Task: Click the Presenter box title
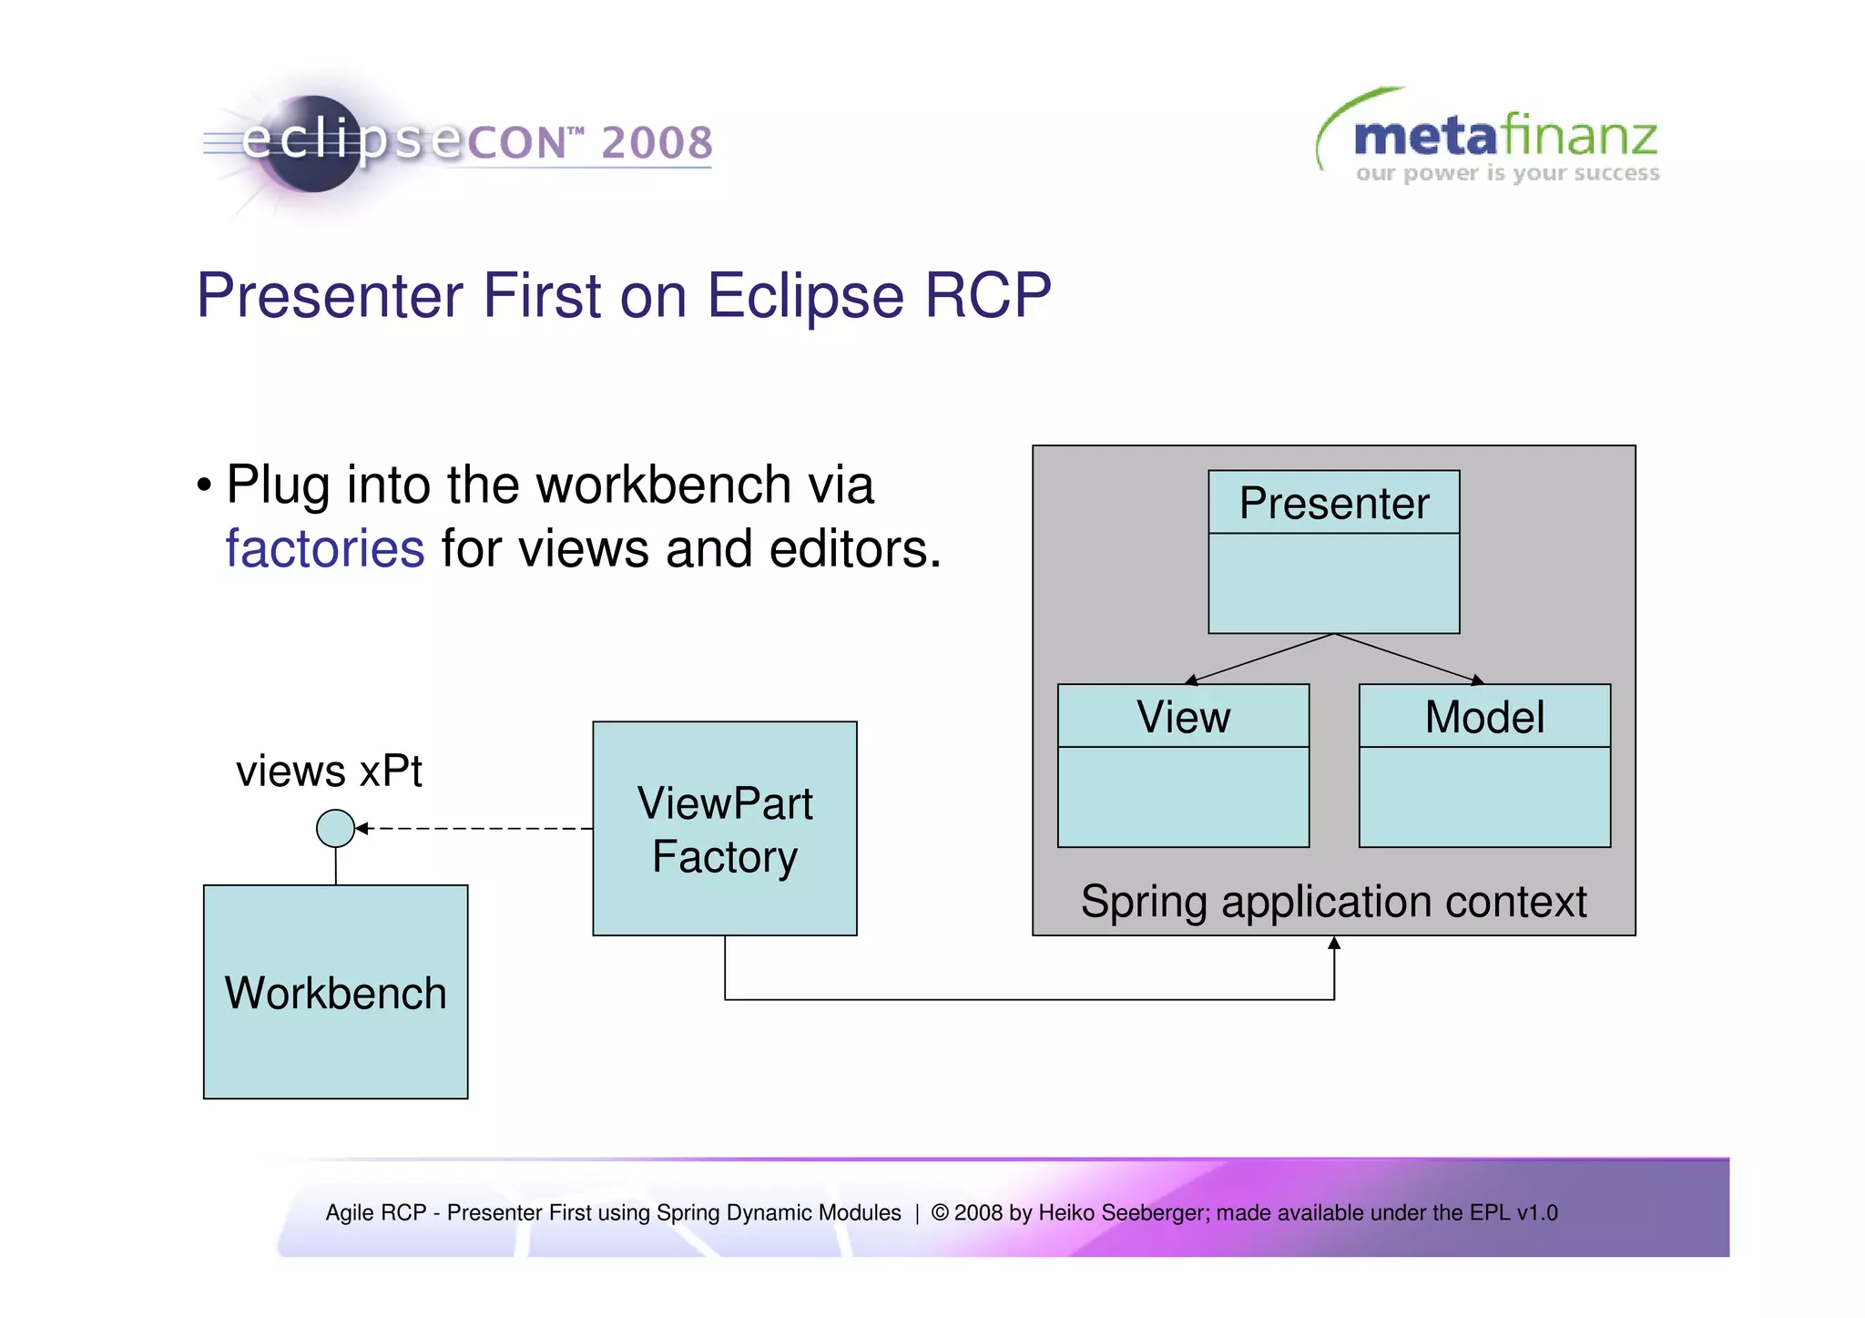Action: [1333, 504]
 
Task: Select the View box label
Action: [1182, 717]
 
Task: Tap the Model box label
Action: [1483, 717]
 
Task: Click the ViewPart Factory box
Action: [724, 829]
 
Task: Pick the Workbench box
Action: [335, 992]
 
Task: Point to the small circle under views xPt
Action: [335, 828]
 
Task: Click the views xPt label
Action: [329, 771]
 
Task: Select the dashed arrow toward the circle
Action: [474, 828]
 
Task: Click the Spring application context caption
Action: [1333, 902]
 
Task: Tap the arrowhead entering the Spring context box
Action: [1333, 944]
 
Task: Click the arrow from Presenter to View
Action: [1260, 658]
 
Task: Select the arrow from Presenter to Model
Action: [1408, 658]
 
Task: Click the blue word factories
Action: [325, 548]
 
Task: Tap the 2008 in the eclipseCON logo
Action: [657, 143]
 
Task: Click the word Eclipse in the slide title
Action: [805, 295]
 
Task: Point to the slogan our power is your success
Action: [1506, 173]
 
